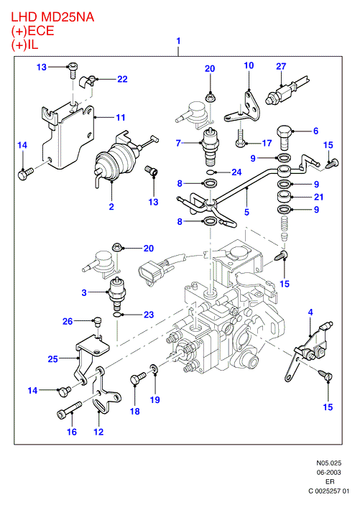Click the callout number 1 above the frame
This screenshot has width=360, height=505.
[178, 41]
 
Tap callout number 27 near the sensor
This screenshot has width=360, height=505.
[281, 66]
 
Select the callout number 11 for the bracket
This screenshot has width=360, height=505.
[121, 118]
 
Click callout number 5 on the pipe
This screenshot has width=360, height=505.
[246, 212]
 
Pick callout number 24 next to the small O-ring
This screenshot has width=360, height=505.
[236, 172]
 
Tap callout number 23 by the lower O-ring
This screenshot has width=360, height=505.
[149, 315]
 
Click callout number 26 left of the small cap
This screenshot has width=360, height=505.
[68, 321]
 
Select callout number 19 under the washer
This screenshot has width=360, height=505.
[155, 399]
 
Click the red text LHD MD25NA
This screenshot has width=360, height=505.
[52, 17]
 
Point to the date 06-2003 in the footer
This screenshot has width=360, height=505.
[328, 473]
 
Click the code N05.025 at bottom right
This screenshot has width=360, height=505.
[328, 463]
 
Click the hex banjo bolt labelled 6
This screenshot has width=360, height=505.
[285, 137]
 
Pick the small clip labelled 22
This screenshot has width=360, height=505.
[88, 81]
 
